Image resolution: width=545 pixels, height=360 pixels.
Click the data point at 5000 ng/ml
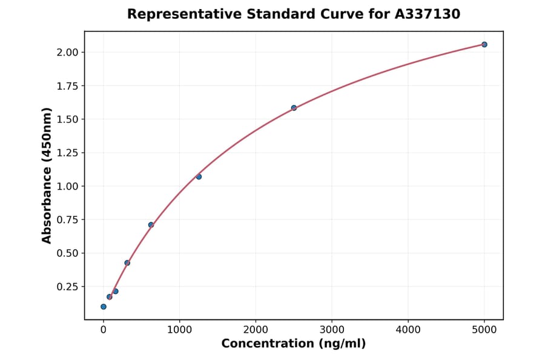[x=484, y=44]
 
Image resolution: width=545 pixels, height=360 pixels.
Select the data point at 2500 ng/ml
[x=294, y=108]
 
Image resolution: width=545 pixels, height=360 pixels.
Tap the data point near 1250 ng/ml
[x=199, y=176]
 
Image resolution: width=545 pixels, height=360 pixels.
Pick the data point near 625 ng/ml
[x=151, y=225]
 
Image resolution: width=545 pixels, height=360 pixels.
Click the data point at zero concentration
[x=104, y=307]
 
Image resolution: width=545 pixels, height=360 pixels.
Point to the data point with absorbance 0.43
[x=127, y=263]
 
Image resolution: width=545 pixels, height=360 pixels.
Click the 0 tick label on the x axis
[x=104, y=330]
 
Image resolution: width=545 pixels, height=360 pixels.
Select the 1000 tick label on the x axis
[x=179, y=330]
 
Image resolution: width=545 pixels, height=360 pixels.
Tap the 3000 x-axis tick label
[x=332, y=330]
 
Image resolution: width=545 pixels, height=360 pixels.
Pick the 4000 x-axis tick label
[x=408, y=330]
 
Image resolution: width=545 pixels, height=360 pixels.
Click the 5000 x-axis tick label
[x=484, y=330]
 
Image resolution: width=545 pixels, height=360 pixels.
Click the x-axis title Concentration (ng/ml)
[x=294, y=344]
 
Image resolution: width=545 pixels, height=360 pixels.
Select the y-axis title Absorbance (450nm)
[x=47, y=175]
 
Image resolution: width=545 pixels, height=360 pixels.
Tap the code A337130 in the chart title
[x=428, y=14]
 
